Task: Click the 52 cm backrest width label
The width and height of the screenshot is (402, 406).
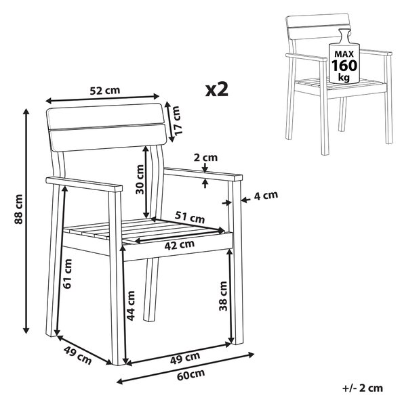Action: point(105,91)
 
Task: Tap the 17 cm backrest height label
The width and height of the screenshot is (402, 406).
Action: point(178,120)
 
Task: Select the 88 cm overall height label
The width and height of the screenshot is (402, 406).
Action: point(19,209)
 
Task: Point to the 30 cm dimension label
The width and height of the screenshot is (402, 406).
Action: point(140,179)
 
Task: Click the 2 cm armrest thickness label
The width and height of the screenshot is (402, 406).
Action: point(205,158)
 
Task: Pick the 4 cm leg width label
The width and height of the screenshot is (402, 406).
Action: point(266,196)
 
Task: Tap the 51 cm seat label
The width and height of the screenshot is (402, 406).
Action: point(190,217)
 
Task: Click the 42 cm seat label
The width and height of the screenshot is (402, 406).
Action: point(180,245)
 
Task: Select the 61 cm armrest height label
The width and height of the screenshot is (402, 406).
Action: point(67,273)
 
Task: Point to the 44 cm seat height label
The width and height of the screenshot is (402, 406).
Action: point(131,306)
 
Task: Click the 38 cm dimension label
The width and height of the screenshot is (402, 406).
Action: point(223,296)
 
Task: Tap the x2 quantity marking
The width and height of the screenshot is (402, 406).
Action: point(217,89)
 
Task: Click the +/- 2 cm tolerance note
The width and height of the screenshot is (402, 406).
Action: point(363,388)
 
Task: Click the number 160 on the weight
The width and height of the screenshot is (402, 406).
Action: point(344,66)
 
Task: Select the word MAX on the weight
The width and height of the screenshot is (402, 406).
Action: point(344,54)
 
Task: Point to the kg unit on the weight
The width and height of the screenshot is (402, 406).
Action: point(344,77)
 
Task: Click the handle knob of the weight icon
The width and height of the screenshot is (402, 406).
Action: point(344,35)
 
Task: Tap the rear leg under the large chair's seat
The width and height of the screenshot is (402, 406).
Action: point(150,290)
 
